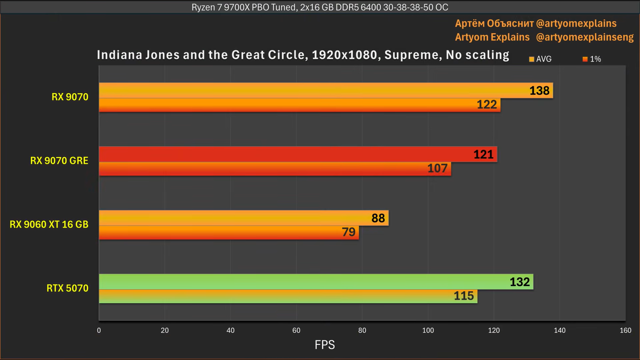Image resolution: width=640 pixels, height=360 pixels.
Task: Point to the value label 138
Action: point(539,91)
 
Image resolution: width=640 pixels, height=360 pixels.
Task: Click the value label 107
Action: point(437,168)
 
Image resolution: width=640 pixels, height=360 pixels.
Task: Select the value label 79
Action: point(348,232)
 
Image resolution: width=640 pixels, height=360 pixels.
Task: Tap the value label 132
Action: point(520,282)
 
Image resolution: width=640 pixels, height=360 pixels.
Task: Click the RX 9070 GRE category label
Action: point(59,161)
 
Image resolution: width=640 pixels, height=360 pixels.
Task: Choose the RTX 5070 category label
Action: point(67,288)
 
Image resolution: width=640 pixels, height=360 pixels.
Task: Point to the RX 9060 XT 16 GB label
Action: point(49,224)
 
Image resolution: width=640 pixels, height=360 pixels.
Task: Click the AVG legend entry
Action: point(540,59)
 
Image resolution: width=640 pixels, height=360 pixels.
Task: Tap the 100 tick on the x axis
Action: point(428,330)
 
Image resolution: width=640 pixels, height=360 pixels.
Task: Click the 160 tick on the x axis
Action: point(625,330)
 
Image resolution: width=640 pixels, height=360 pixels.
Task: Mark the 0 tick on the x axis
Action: point(99,330)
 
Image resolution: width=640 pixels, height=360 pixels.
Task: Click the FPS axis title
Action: point(324,345)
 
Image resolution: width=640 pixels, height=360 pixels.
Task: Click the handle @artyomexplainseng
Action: point(584,37)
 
